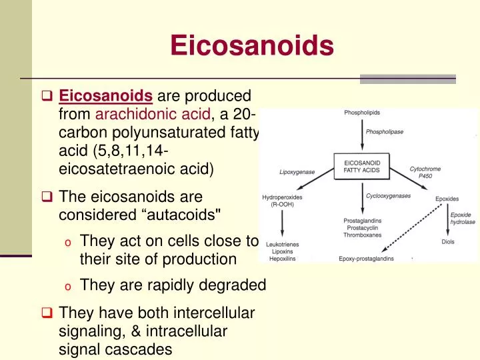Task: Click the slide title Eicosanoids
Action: [x=251, y=46]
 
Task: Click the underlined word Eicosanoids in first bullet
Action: [x=107, y=96]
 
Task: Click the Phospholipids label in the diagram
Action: [x=363, y=113]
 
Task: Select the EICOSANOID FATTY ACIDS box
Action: [x=362, y=165]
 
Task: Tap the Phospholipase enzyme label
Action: [x=385, y=131]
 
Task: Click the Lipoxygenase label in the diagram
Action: [x=297, y=172]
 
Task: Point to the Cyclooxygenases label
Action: [x=388, y=196]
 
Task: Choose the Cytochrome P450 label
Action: [x=425, y=173]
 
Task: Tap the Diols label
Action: [x=448, y=242]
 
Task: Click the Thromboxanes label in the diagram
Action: [x=363, y=235]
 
